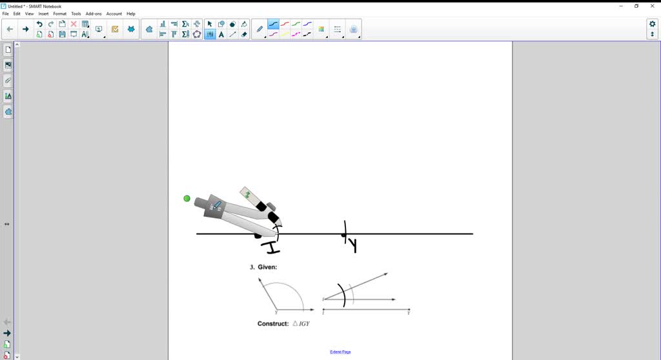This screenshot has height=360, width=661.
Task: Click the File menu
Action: click(6, 14)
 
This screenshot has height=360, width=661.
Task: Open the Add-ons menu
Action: click(94, 14)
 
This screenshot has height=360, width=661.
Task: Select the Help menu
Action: click(131, 14)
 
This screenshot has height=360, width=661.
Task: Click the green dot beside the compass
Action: click(187, 198)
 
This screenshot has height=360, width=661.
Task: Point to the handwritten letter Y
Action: click(353, 245)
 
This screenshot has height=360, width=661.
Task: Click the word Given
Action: click(267, 267)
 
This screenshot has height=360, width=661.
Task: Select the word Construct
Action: click(273, 323)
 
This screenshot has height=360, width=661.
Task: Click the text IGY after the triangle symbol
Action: click(304, 323)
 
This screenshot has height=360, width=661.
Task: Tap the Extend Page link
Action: click(340, 352)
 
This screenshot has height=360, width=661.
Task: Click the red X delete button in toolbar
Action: click(74, 24)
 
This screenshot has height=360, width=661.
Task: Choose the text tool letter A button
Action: click(221, 34)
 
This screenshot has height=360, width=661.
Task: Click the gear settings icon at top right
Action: click(652, 24)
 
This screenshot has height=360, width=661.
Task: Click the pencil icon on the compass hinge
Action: click(216, 206)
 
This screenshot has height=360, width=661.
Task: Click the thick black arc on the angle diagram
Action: click(343, 295)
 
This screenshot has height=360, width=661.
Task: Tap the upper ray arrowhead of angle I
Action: click(385, 274)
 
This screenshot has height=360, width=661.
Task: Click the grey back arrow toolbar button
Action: click(10, 29)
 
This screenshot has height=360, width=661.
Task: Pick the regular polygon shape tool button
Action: click(197, 34)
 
